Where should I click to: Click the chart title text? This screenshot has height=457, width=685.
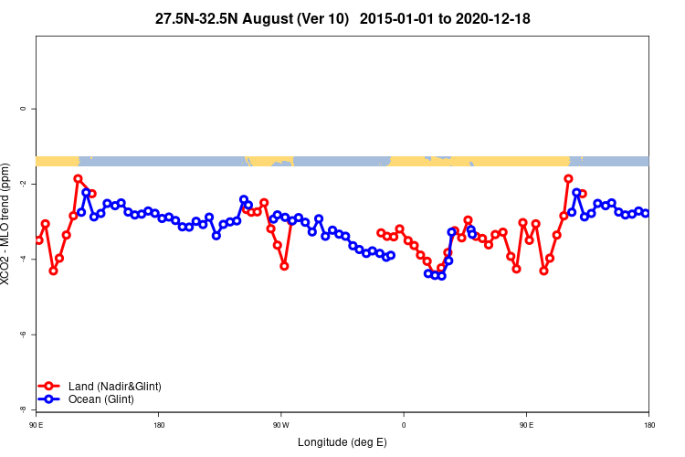point(342,17)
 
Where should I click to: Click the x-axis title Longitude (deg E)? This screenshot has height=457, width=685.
point(342,442)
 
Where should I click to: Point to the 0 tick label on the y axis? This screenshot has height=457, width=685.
point(23,109)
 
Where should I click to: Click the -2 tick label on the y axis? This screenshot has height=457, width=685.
point(23,184)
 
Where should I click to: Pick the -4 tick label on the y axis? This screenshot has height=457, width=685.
point(23,260)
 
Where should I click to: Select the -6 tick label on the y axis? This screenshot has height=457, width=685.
point(23,335)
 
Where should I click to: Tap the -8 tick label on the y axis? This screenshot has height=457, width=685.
point(23,409)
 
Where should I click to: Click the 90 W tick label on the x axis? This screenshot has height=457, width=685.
point(280,425)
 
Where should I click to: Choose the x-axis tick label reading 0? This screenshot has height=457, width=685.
point(403,425)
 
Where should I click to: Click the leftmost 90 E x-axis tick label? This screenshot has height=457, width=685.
point(36,425)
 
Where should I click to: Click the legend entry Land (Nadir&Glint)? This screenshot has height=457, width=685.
point(115,387)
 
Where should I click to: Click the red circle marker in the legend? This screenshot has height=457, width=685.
point(49,387)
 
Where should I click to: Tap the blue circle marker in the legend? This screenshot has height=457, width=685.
point(49,399)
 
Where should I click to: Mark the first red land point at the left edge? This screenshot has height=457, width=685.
point(38,239)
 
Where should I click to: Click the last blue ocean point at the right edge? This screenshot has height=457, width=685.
point(646,213)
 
